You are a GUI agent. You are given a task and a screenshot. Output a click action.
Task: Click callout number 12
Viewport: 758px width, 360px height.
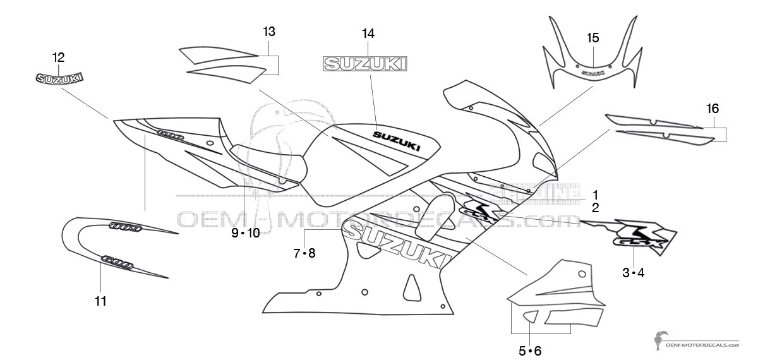(58, 57)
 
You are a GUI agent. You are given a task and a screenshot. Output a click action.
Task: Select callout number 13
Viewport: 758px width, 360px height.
(269, 31)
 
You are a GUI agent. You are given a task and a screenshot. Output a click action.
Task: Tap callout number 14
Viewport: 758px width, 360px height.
(368, 33)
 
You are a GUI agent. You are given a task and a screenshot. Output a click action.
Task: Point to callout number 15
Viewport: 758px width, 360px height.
(593, 37)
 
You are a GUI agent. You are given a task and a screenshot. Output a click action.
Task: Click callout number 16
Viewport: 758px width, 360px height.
(712, 109)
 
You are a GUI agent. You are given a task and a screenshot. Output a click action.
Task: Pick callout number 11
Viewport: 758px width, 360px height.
(100, 301)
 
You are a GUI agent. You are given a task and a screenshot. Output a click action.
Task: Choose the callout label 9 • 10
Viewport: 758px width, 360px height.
(245, 233)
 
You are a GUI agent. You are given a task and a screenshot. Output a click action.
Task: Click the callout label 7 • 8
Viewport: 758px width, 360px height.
(304, 253)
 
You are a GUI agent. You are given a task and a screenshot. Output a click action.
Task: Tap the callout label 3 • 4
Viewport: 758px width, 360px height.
(633, 273)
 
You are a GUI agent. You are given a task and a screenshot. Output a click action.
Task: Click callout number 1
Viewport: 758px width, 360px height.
(595, 194)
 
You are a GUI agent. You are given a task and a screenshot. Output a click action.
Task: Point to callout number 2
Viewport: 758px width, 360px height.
(595, 206)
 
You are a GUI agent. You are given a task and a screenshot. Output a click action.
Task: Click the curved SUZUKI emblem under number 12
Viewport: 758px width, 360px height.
(58, 78)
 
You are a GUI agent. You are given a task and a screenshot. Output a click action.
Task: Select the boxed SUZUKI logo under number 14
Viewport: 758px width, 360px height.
(365, 63)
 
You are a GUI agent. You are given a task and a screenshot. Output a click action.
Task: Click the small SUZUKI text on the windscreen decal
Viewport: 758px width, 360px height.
(592, 73)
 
